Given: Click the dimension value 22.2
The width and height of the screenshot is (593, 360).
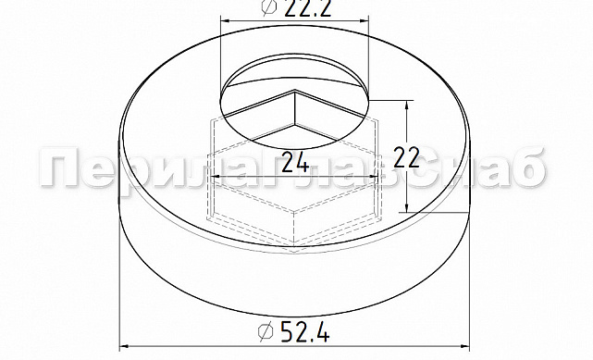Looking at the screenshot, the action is (x=308, y=8).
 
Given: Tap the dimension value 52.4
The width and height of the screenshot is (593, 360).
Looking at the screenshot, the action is (x=304, y=332).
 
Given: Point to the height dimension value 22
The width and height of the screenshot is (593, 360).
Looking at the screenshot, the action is (x=406, y=157).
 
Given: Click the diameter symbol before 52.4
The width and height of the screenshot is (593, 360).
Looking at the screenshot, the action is (x=266, y=331).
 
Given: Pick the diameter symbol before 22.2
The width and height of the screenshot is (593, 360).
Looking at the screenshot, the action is (x=269, y=7).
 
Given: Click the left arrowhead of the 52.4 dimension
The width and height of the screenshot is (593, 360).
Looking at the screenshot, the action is (x=125, y=346).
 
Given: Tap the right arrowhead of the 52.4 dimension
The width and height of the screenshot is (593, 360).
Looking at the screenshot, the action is (x=464, y=346).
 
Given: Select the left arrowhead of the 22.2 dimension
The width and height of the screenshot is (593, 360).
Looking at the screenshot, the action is (x=226, y=21).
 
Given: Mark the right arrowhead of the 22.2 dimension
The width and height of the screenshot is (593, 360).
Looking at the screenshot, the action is (x=363, y=21).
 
